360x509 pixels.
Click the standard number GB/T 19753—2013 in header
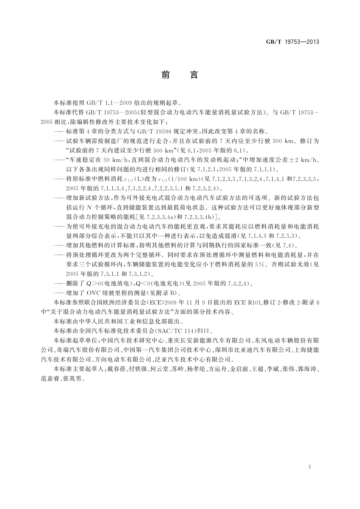292,42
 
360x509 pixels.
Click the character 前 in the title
165,75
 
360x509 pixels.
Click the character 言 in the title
194,75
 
